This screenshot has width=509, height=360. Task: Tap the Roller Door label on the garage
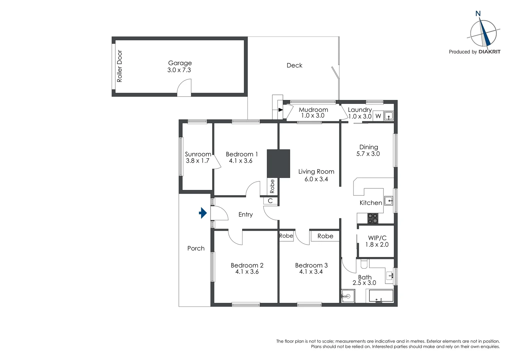point(120,66)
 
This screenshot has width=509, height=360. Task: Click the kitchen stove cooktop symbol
point(373,218)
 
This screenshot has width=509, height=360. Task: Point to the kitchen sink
point(388,201)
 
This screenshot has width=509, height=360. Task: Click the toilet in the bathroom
point(363,264)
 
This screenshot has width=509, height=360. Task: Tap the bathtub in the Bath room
point(379,296)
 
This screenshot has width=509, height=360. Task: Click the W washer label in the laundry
point(378,116)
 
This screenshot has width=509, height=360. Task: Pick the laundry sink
point(388,116)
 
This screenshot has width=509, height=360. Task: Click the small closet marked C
point(270,201)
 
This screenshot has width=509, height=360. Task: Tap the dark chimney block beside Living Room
point(278,163)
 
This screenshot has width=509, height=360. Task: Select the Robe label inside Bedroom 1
point(272,186)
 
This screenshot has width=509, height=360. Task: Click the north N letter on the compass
point(478,14)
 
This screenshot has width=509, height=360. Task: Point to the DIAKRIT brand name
point(489,52)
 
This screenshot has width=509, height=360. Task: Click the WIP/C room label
point(377,238)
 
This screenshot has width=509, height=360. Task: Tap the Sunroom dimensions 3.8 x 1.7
point(198,161)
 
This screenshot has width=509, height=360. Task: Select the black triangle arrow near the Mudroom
point(280,109)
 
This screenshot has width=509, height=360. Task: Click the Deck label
point(294,65)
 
